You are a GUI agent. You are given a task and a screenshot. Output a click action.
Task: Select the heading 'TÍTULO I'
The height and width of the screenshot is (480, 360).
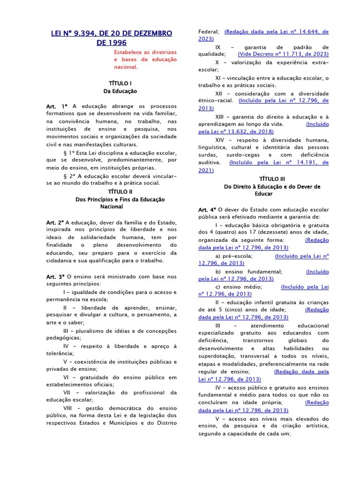tap(120, 83)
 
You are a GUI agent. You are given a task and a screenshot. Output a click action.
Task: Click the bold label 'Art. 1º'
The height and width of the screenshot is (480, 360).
tap(57, 106)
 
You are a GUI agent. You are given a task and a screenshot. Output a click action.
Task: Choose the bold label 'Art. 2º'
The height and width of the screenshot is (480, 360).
tap(55, 222)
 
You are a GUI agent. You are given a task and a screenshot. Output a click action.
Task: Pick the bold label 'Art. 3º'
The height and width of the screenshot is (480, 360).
tap(55, 276)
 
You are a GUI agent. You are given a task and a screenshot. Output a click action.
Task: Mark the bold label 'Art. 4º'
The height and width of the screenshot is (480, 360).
tap(207, 210)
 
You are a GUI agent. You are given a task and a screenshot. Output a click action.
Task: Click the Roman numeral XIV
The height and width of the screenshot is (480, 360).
tap(220, 140)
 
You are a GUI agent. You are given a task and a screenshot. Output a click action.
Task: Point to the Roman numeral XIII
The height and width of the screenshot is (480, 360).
tap(221, 117)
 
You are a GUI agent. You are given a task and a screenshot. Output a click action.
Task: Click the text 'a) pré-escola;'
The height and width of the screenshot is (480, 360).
tap(234, 256)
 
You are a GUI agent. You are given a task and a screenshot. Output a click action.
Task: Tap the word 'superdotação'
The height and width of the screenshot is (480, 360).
tap(217, 356)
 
